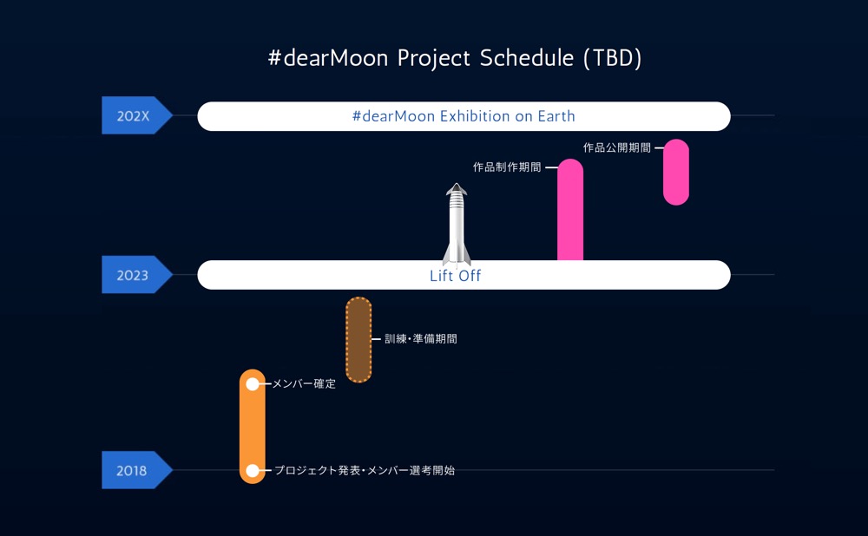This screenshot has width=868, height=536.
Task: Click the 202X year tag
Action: tap(136, 115)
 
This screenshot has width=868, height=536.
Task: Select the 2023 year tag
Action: tap(136, 274)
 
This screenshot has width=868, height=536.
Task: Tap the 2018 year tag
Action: tap(136, 470)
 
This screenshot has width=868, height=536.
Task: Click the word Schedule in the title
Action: tap(527, 57)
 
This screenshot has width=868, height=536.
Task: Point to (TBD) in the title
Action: tap(612, 58)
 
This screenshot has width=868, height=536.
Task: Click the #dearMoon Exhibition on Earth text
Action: tap(464, 116)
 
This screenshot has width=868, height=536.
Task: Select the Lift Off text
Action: tap(455, 276)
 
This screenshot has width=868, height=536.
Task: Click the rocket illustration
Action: tap(457, 224)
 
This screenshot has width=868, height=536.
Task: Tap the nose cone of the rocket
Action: tap(457, 188)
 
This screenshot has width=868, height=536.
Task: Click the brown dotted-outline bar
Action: tap(358, 340)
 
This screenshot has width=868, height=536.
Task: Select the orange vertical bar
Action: tap(253, 427)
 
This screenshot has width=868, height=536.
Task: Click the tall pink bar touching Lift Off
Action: tap(570, 210)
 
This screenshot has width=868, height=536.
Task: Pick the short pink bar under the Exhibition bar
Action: tap(676, 172)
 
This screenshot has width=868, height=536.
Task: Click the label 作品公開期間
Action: tap(616, 147)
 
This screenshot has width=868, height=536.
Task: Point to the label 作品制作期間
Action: tap(507, 167)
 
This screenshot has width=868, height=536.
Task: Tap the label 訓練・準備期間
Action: tap(421, 338)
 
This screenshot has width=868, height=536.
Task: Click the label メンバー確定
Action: tap(304, 384)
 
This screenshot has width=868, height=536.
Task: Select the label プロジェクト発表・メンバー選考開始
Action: tap(365, 470)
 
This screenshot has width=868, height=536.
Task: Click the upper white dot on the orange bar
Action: tap(253, 384)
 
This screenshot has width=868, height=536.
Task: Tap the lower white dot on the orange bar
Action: tap(253, 471)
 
